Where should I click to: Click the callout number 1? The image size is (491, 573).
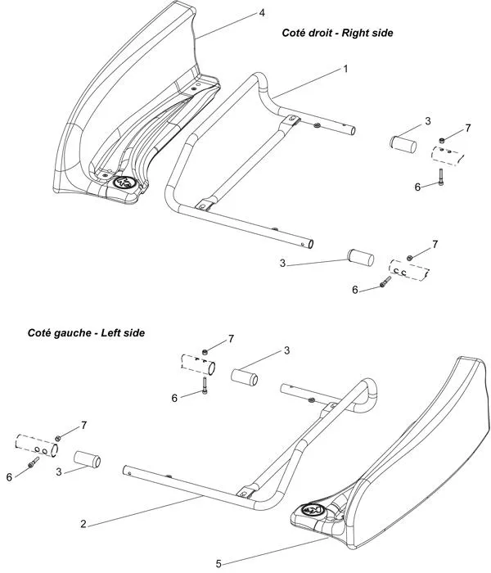tap(345, 69)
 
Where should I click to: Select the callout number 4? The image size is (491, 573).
tap(262, 13)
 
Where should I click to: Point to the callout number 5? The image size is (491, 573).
tap(218, 563)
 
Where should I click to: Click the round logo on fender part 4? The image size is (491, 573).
tap(124, 183)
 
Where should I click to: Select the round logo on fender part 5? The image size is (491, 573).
tap(313, 510)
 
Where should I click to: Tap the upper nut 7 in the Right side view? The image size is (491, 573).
tap(441, 140)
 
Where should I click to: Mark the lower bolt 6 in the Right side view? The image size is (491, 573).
tap(385, 283)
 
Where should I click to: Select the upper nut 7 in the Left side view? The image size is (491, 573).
tap(206, 350)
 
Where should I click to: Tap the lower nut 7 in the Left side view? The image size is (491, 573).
tap(58, 439)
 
